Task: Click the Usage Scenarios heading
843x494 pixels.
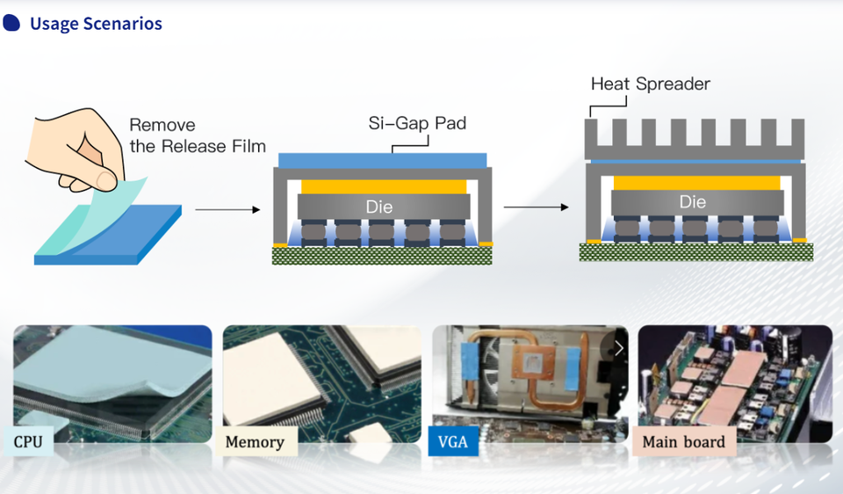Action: pos(96,24)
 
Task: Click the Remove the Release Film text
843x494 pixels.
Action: pos(197,136)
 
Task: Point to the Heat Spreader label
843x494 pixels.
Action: pos(651,84)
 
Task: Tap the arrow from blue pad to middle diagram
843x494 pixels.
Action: pos(227,210)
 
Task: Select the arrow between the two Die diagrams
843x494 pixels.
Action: pos(536,207)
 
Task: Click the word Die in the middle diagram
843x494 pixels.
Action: pos(379,207)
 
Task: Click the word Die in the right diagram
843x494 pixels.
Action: pos(693,202)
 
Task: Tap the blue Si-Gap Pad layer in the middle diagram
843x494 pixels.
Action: pos(382,160)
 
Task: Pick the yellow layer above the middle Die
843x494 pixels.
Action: pos(383,186)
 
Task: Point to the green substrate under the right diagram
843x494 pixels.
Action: pos(695,252)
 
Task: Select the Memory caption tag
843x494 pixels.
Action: pos(256,441)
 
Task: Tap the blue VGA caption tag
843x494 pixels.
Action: pos(453,441)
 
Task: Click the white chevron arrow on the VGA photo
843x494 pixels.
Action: pos(619,348)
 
